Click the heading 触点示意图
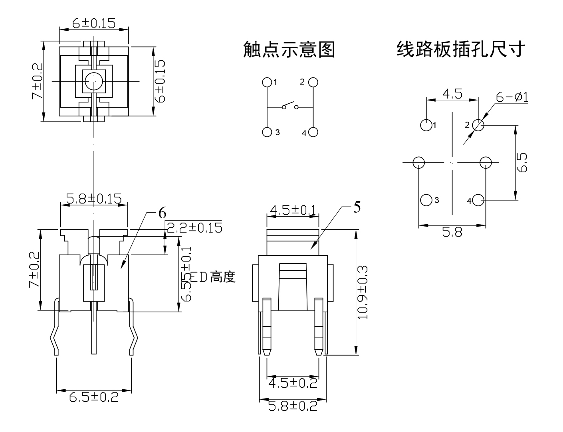(x=289, y=50)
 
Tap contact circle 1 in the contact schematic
(x=267, y=82)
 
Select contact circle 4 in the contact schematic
(x=313, y=132)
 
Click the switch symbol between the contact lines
(x=290, y=107)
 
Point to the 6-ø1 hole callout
(x=512, y=97)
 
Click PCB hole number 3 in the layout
(x=426, y=200)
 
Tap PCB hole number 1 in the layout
(x=426, y=125)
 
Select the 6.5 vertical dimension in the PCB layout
(x=522, y=162)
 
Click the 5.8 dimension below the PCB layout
(x=452, y=232)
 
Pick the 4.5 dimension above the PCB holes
(x=452, y=94)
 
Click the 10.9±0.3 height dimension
(x=363, y=292)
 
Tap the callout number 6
(x=162, y=213)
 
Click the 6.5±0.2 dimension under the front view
(x=94, y=397)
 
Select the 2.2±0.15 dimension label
(x=194, y=228)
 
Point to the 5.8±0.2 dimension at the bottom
(x=293, y=406)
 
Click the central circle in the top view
(x=94, y=81)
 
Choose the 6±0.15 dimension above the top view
(x=94, y=24)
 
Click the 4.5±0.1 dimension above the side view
(x=293, y=210)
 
